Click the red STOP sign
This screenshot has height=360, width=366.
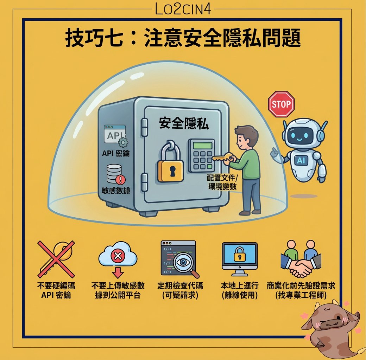281,104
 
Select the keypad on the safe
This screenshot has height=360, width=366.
201,155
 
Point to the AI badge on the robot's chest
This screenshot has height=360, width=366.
301,160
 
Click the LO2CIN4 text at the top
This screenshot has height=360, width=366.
183,9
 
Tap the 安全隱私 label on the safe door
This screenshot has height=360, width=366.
184,123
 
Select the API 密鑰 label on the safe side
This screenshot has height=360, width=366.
116,153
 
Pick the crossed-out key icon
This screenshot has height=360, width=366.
56,259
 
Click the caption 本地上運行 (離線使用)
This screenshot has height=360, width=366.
240,290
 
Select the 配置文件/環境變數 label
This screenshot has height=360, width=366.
222,182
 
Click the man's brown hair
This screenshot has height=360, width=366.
247,133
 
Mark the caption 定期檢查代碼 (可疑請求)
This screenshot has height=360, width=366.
180,290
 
